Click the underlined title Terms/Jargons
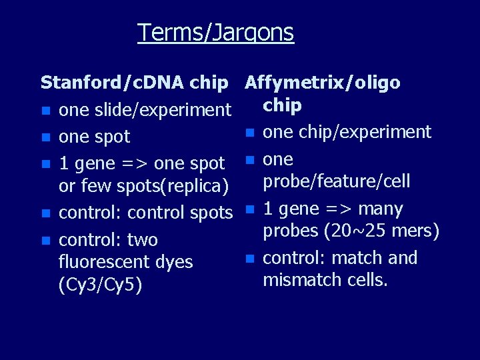215,32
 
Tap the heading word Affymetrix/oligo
323,83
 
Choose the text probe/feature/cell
337,181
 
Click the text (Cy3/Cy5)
100,285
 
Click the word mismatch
298,280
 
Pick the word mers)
416,231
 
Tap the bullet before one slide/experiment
45,111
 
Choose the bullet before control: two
45,240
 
